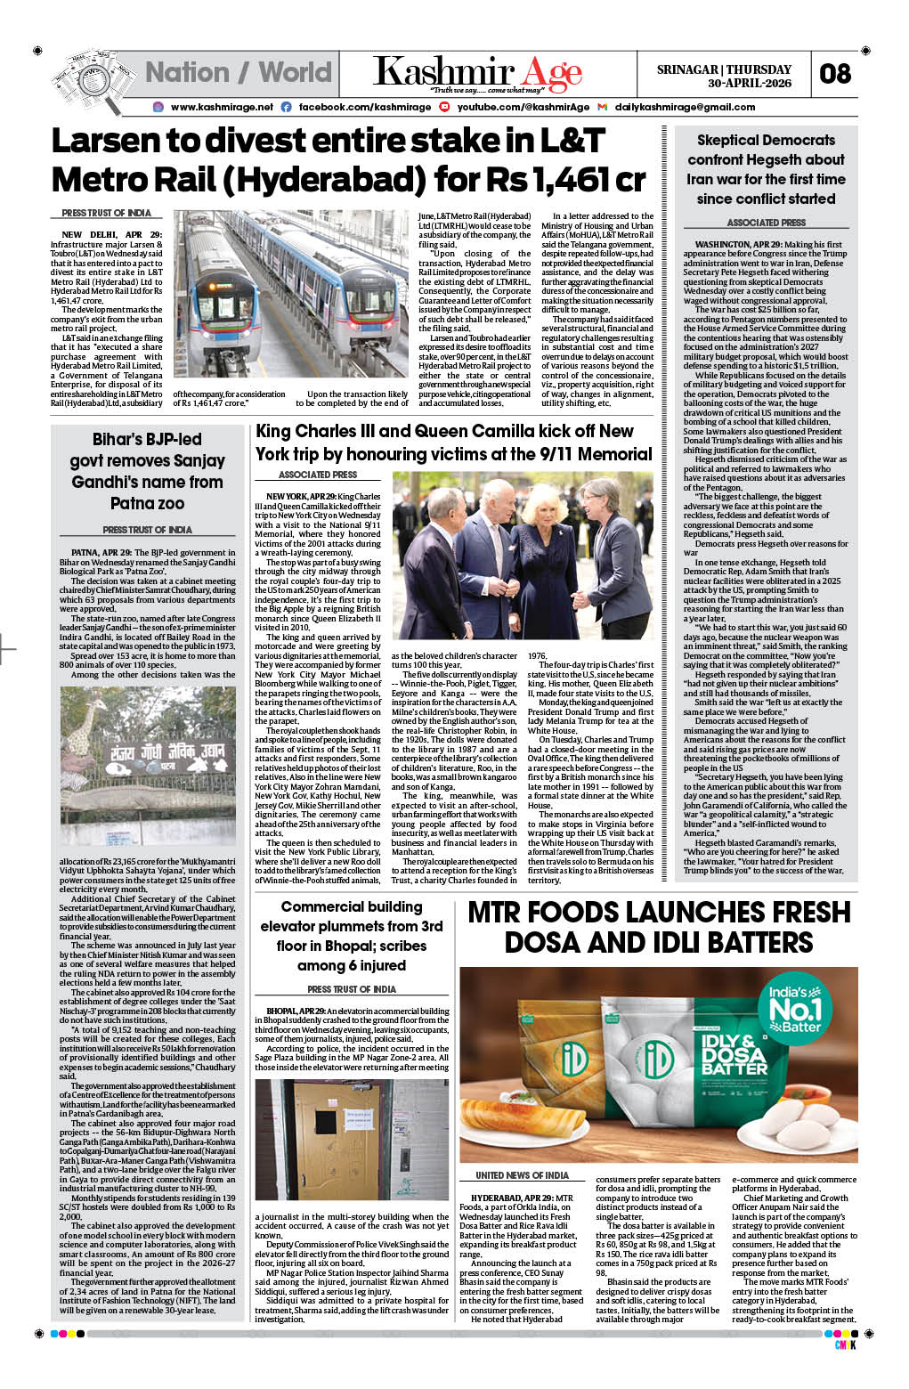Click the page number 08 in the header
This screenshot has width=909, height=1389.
[835, 74]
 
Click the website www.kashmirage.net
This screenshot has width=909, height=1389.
[222, 107]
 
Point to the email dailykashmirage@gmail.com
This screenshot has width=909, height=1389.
[685, 107]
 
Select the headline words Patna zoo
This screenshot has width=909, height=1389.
[147, 504]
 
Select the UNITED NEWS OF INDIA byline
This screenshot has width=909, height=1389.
[522, 1175]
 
